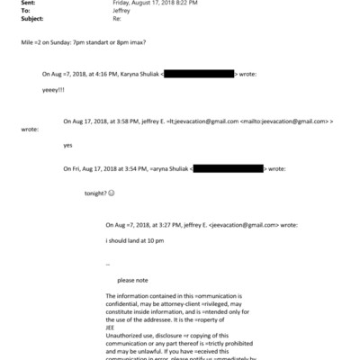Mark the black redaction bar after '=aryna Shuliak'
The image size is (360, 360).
coord(214,168)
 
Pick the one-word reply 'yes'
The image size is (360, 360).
coord(67,145)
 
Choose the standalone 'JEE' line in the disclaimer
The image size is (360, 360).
coord(110,328)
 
